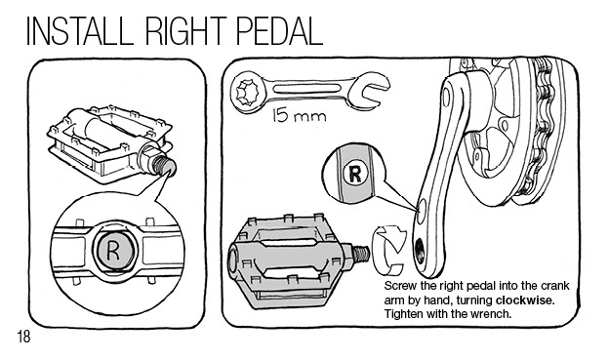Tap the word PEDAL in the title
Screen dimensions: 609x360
(279, 31)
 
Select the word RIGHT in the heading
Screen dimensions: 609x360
(185, 31)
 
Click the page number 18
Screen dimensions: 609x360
(23, 337)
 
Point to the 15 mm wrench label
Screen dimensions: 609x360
(299, 115)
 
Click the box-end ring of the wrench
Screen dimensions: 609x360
(248, 93)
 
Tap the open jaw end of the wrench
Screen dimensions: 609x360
(368, 92)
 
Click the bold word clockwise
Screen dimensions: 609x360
(525, 300)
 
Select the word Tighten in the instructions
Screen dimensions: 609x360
(403, 314)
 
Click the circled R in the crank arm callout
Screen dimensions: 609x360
(355, 174)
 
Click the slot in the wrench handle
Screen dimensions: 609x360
(304, 88)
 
